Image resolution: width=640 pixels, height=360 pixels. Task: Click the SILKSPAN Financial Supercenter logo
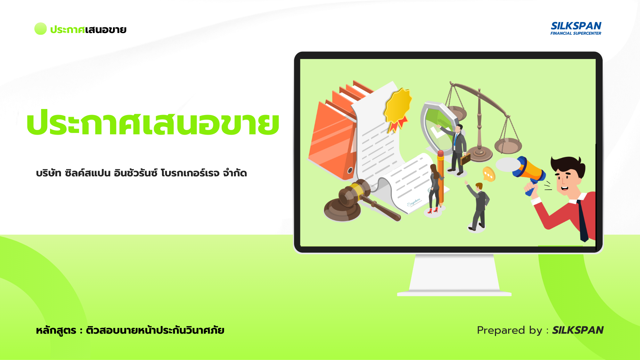[576, 28]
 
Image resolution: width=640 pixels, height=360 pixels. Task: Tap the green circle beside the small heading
[40, 29]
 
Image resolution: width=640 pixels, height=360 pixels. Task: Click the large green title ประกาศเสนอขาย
[153, 123]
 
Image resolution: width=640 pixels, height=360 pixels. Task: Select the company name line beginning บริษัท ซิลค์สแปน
[141, 173]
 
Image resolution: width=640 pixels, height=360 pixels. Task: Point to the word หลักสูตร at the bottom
[56, 330]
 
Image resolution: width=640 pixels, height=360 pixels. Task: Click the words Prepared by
[510, 330]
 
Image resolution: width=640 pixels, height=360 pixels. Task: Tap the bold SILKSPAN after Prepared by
[578, 330]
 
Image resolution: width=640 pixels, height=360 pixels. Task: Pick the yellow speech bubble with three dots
[489, 174]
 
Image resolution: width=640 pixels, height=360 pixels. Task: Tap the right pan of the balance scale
[508, 145]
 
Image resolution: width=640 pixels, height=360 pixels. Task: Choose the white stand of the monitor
[454, 275]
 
